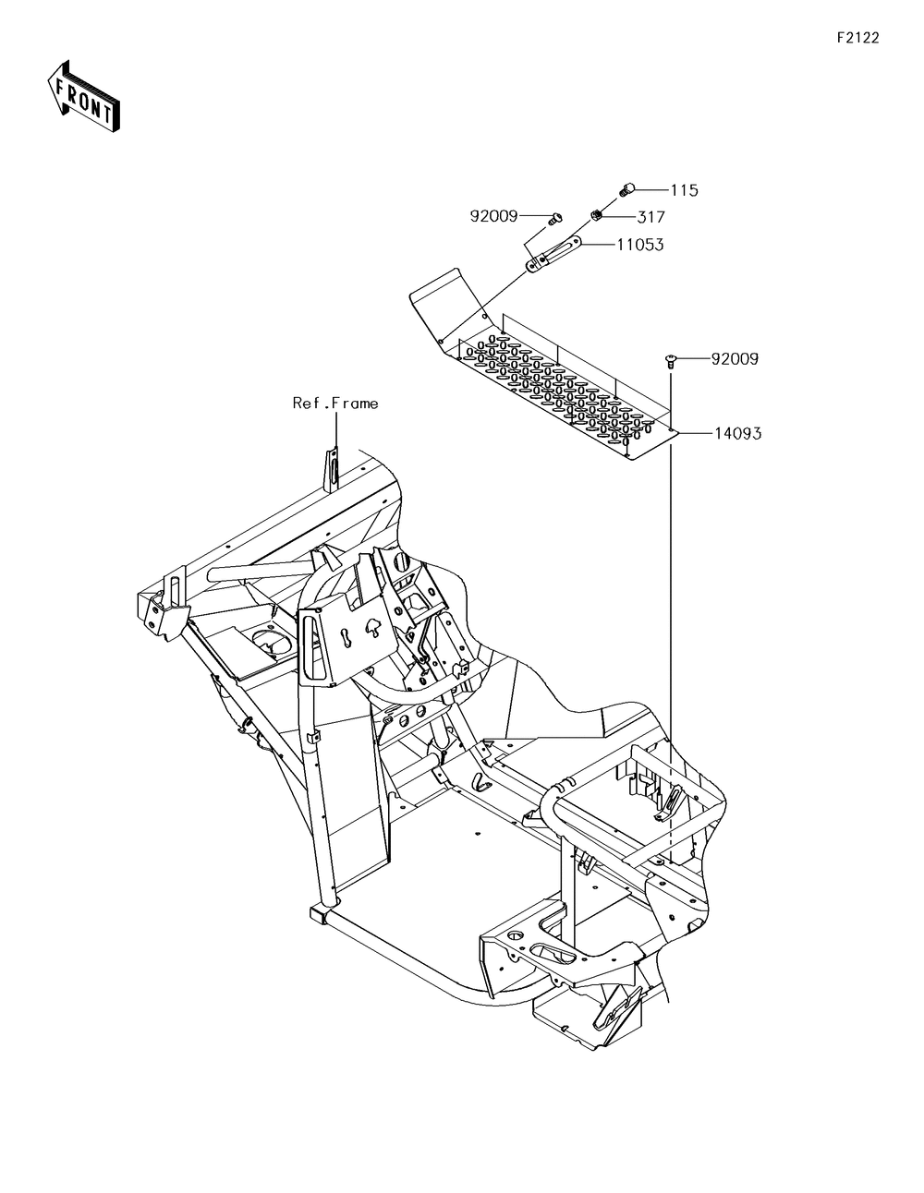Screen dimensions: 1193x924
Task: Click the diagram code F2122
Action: coord(857,38)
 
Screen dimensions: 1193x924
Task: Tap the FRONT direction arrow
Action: coord(81,95)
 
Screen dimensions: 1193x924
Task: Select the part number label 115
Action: coord(684,190)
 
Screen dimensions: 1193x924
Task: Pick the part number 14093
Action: coord(736,432)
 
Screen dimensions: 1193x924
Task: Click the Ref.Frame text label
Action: coord(335,403)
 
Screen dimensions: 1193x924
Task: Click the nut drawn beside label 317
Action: coord(598,216)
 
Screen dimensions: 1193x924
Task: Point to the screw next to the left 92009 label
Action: coord(553,219)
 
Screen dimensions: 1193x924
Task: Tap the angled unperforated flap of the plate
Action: coord(442,296)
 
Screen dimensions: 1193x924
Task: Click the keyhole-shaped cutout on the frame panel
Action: coord(346,638)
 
